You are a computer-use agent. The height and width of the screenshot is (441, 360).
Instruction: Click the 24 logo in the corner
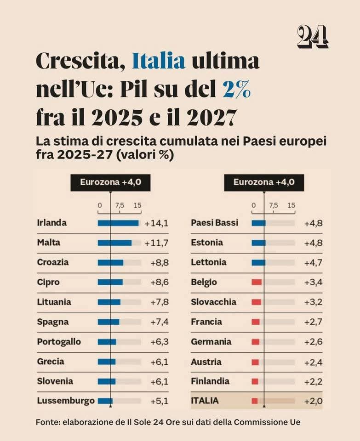312,37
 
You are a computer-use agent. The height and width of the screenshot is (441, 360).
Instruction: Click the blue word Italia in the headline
159,61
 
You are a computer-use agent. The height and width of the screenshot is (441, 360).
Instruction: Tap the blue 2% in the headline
236,90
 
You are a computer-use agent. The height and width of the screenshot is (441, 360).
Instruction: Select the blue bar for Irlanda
118,223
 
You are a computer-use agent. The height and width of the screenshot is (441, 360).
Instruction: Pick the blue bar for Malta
114,243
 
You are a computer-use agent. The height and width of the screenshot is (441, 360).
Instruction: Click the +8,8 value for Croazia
159,263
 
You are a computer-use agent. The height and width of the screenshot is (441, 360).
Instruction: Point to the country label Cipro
48,282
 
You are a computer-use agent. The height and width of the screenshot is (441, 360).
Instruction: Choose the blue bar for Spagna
109,322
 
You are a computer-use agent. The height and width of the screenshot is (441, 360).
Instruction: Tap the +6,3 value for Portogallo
159,342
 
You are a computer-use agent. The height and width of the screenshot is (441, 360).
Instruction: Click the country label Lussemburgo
66,401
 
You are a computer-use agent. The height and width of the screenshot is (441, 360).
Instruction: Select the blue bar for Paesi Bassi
258,223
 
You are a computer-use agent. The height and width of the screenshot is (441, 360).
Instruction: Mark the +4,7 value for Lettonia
313,263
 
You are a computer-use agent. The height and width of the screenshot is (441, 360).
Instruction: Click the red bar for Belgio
257,282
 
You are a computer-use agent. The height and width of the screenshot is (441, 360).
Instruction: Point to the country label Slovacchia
213,302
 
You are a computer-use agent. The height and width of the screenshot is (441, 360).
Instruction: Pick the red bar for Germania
256,342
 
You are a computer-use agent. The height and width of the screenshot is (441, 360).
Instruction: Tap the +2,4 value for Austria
313,362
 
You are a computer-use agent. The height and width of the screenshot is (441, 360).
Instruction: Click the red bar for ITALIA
255,401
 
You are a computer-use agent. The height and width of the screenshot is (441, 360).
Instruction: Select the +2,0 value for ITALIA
313,401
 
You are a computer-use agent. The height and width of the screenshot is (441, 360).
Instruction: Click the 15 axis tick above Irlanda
137,205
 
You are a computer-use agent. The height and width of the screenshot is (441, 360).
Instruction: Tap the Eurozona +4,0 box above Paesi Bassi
264,182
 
